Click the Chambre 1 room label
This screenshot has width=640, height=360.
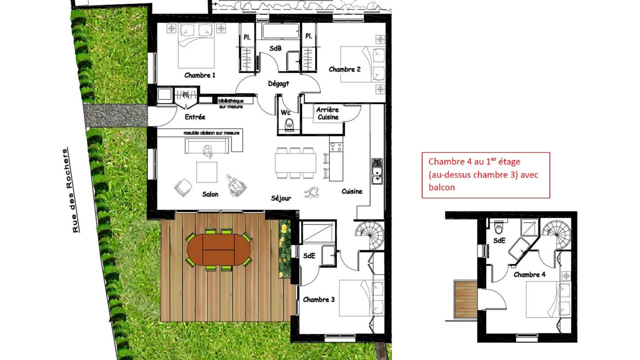(x=199, y=75)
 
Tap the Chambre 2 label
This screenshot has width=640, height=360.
(x=344, y=69)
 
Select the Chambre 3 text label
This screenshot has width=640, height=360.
(x=318, y=299)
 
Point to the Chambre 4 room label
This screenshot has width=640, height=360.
(x=529, y=274)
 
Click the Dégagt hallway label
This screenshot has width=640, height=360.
(x=278, y=83)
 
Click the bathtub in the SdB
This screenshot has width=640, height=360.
(x=280, y=31)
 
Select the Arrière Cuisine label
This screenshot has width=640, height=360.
(x=327, y=113)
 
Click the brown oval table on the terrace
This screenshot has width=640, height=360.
(x=219, y=249)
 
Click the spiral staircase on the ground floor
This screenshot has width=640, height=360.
(x=369, y=235)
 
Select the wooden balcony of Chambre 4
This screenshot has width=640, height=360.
(x=465, y=299)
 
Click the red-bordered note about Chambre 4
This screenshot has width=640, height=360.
(x=485, y=175)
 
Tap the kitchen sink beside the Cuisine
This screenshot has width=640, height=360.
(x=377, y=171)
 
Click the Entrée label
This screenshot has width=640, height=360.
(x=195, y=117)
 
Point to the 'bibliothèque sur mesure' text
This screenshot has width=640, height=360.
(x=231, y=103)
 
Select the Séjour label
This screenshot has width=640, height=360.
(x=281, y=198)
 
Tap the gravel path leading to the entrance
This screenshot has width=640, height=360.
(x=115, y=115)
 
